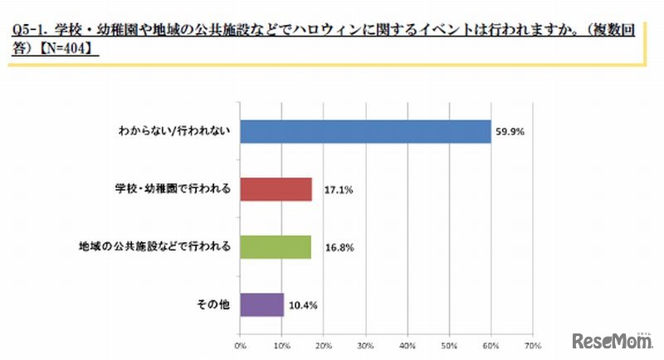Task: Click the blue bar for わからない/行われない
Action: click(x=365, y=131)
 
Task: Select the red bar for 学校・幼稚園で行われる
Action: click(x=276, y=189)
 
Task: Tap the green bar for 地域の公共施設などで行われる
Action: click(x=275, y=247)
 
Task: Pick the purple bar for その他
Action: click(x=261, y=304)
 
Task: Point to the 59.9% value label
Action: click(x=510, y=131)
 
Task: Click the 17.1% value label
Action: click(x=330, y=190)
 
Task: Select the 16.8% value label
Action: click(x=329, y=248)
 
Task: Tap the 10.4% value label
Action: click(x=302, y=305)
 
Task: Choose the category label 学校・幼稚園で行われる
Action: click(x=172, y=189)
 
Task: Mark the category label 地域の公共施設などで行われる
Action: click(x=155, y=247)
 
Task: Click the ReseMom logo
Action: click(x=611, y=340)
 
